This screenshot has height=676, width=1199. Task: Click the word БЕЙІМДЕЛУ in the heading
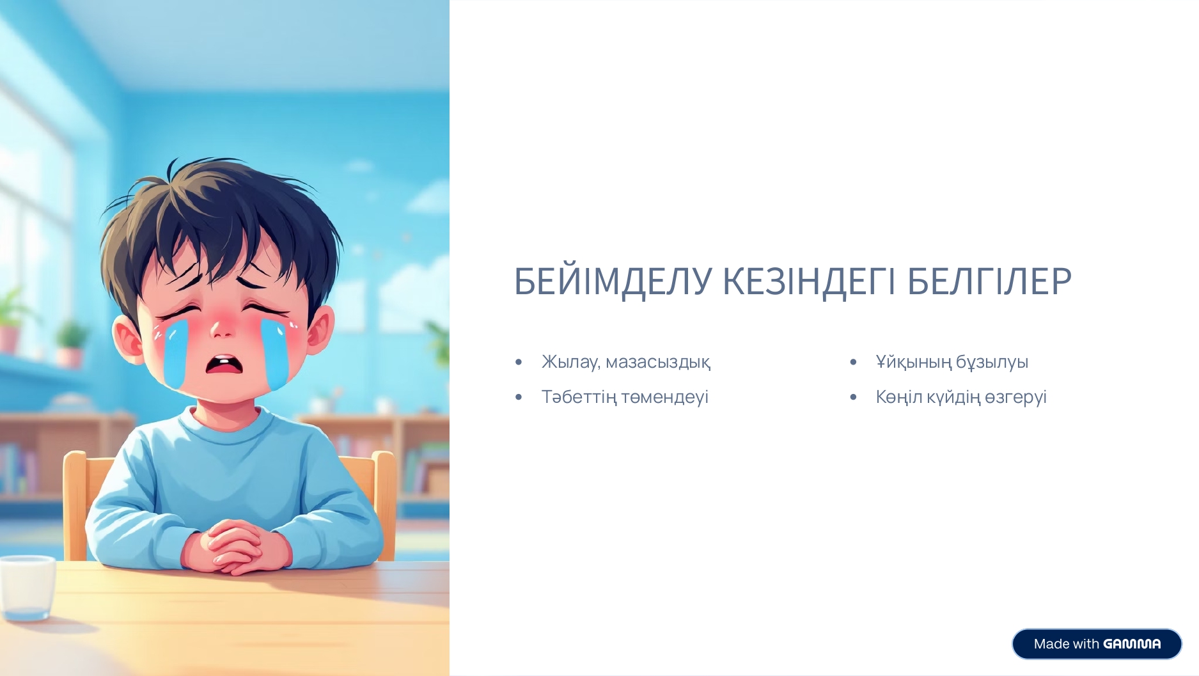613,281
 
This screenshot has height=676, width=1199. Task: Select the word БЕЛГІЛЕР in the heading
989,281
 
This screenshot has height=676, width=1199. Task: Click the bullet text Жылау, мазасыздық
625,362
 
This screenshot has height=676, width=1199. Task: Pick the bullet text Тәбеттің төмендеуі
625,397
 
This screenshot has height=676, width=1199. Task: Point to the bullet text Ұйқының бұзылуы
952,362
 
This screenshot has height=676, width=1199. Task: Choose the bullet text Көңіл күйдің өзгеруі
961,397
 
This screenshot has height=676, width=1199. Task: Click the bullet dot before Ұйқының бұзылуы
853,363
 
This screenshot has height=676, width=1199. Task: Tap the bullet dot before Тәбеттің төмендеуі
519,398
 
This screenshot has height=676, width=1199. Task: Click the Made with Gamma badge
1097,643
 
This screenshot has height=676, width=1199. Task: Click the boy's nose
221,329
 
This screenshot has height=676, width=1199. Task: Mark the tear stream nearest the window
174,353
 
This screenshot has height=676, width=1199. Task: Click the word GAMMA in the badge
1132,643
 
